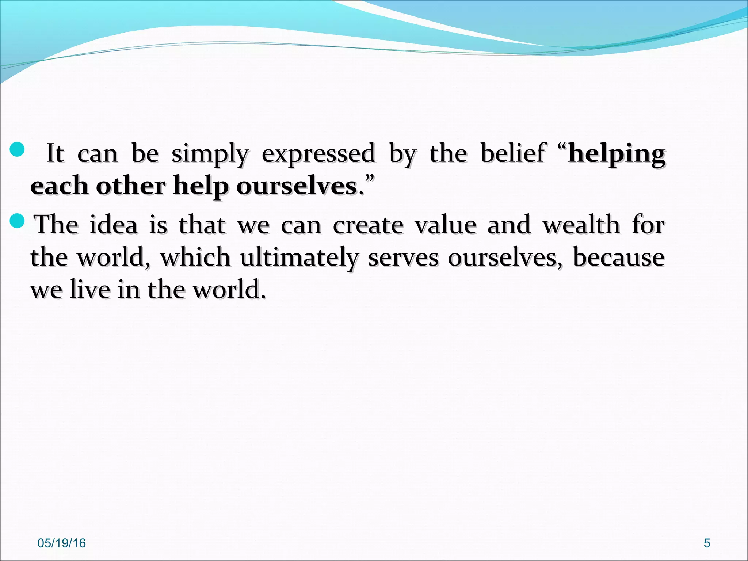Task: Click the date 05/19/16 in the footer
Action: tap(61, 543)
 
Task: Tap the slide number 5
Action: tap(707, 543)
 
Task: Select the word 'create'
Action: tap(368, 225)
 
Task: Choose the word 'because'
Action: tap(618, 257)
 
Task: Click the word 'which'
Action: tap(195, 257)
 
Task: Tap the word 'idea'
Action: tap(113, 225)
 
